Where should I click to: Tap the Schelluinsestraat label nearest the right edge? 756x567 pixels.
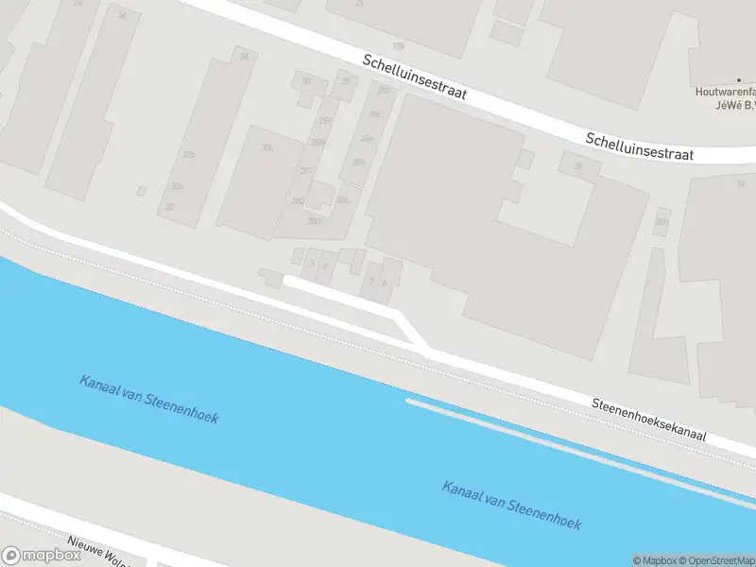coord(640,146)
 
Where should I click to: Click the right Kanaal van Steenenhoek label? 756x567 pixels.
coord(511,505)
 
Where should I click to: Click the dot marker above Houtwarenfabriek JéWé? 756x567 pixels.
coord(739,80)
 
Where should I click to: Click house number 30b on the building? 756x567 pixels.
coord(267,147)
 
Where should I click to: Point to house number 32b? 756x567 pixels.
coord(190,155)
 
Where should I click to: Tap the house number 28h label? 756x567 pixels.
coord(358,163)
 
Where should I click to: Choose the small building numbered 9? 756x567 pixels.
coord(313,265)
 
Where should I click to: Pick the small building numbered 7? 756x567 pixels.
coord(373,280)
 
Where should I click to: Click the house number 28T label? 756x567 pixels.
coord(305,170)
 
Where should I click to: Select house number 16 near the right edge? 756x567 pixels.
coord(741,183)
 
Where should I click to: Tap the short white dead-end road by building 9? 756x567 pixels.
coord(340,293)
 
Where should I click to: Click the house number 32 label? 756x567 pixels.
coord(169,206)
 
